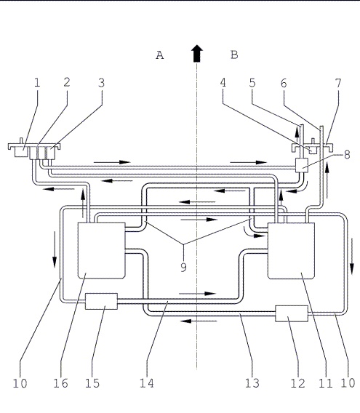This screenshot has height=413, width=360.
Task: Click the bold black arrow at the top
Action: (197, 54)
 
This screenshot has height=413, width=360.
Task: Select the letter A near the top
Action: (160, 55)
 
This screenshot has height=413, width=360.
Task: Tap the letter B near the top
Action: (234, 55)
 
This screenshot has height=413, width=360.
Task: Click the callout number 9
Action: (183, 267)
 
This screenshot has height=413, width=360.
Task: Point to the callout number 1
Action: (37, 83)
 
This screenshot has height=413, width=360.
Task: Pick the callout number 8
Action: (347, 155)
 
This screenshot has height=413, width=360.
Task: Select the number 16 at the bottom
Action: (61, 383)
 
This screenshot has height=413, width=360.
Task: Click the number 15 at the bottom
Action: (92, 383)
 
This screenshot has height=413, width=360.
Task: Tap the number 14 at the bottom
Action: (146, 383)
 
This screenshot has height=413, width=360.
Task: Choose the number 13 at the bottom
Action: (252, 383)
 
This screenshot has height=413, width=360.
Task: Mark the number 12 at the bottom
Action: (297, 383)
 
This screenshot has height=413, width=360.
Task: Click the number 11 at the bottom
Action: (326, 383)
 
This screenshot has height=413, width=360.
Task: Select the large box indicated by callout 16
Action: (102, 250)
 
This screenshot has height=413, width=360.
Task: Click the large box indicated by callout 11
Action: (291, 250)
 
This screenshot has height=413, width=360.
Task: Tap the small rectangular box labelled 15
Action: (101, 301)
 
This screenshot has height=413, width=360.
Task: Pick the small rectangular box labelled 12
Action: (292, 313)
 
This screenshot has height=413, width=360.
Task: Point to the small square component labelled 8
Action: (302, 165)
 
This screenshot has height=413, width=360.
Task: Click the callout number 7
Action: (338, 83)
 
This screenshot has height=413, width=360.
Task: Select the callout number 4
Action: (223, 83)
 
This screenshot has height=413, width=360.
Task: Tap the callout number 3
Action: (102, 83)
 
